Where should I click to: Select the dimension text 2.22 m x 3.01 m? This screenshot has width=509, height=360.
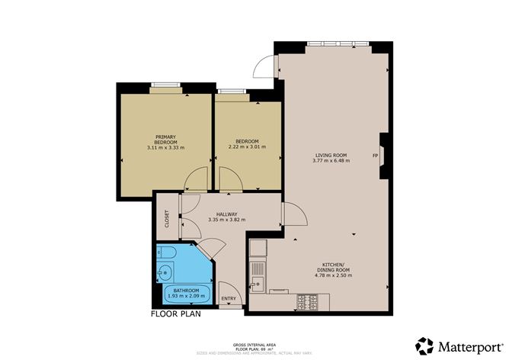point(248,147)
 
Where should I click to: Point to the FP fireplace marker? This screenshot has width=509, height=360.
point(375,156)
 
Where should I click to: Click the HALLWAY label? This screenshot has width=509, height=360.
point(226,214)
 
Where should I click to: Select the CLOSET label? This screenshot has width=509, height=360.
point(167,218)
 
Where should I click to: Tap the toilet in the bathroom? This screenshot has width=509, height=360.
point(168,253)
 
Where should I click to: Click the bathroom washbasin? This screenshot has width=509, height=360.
point(165,270)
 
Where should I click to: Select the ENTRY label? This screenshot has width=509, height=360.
point(227,298)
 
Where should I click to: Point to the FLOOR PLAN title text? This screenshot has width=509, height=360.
point(177,313)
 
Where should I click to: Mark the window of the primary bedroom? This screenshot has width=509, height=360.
point(164,84)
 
